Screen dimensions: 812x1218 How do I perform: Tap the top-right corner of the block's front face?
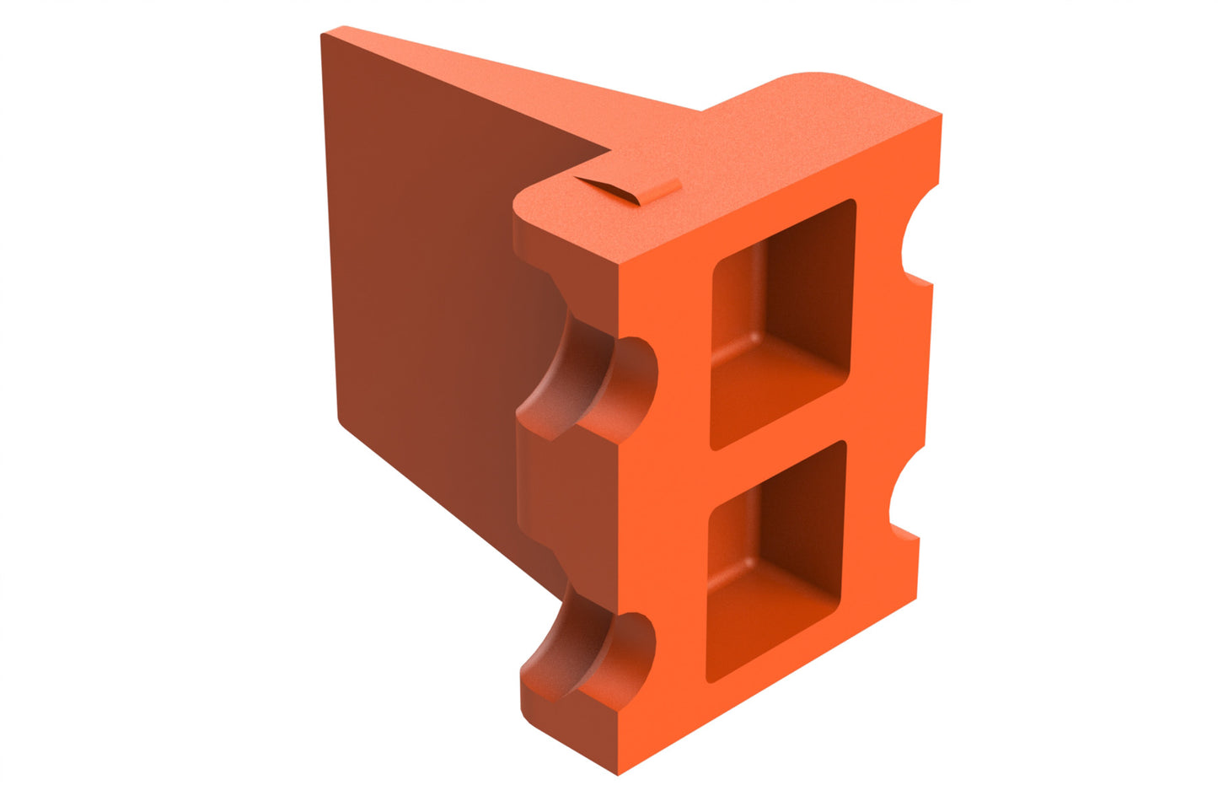(939, 118)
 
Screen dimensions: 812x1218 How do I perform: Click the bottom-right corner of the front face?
(915, 599)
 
